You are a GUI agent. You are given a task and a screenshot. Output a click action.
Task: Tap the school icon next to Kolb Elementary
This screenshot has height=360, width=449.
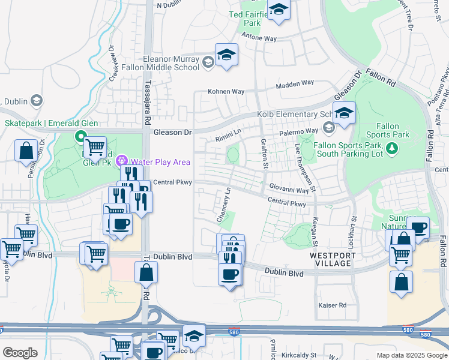click(345, 113)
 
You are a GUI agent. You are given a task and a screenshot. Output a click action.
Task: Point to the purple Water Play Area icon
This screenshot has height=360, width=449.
click(122, 161)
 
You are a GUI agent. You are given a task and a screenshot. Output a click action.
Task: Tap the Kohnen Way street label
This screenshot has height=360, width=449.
click(226, 92)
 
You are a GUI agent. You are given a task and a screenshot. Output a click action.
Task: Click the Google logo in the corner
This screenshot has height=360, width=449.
click(20, 353)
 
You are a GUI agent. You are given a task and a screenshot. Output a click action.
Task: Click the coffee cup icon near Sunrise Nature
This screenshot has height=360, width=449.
click(418, 228)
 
